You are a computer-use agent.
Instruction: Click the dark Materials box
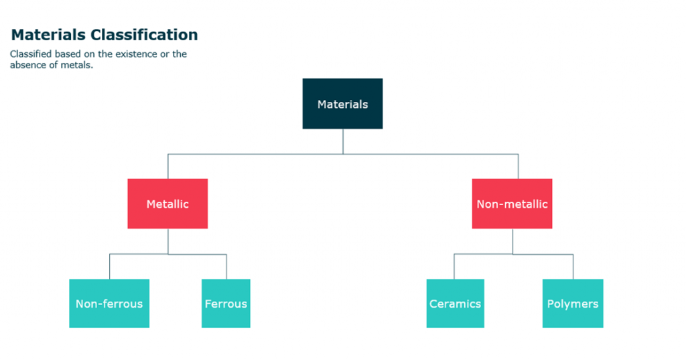[342, 104]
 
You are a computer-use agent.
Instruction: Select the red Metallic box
[167, 204]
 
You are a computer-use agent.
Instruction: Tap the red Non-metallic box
[512, 204]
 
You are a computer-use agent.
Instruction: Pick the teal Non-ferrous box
[109, 303]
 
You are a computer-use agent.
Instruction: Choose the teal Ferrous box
[226, 303]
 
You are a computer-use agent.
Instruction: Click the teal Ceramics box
[456, 303]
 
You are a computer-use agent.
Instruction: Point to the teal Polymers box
[573, 303]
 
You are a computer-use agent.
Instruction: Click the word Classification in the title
[145, 35]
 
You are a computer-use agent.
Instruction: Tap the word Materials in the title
[48, 35]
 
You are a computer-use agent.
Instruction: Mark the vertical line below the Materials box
[343, 141]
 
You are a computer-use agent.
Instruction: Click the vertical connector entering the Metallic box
[168, 166]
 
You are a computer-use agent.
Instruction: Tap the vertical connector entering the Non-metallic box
[519, 166]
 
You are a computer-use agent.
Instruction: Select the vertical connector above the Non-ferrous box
[109, 266]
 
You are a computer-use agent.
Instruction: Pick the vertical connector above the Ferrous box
[226, 267]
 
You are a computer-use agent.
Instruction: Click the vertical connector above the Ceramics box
[454, 266]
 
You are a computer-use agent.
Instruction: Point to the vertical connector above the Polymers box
[573, 267]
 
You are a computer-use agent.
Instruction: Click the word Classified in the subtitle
[31, 54]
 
